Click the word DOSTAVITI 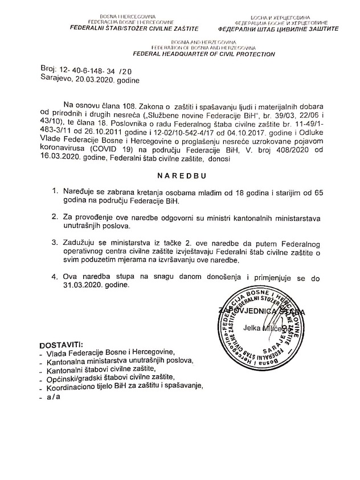pyautogui.click(x=61, y=346)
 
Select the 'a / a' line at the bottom pyautogui.click(x=54, y=396)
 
